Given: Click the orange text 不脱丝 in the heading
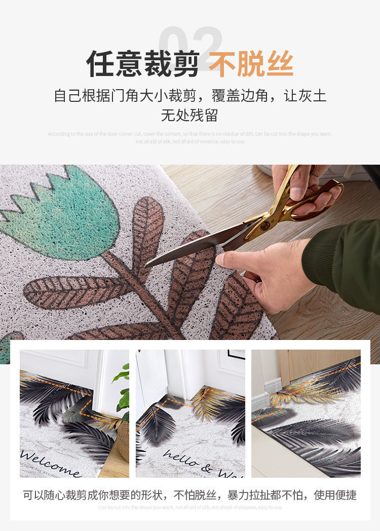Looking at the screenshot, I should pyautogui.click(x=251, y=64).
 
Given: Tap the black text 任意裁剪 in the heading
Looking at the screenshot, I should pyautogui.click(x=142, y=64).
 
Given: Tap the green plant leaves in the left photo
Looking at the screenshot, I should pyautogui.click(x=123, y=390).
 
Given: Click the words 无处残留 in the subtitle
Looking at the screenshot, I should pyautogui.click(x=189, y=115).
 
